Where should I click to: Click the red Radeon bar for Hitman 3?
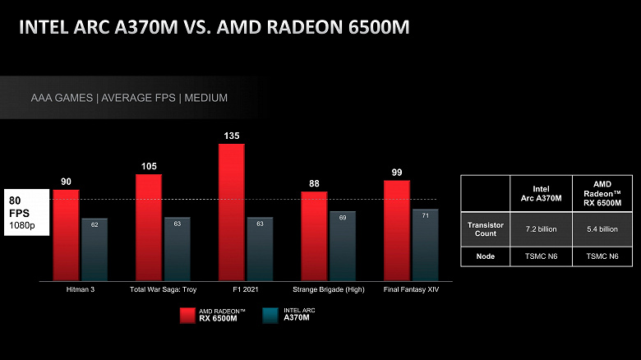66,236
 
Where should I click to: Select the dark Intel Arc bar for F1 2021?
260,249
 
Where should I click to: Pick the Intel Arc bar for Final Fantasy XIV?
425,246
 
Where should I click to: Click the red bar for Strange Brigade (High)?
314,237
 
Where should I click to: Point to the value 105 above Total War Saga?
149,167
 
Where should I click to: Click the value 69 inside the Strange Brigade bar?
342,218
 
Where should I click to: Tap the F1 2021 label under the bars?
246,290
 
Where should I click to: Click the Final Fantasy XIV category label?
411,290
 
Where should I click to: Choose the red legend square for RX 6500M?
187,316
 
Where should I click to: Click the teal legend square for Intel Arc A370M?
269,316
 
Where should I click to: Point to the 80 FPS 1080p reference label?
25,212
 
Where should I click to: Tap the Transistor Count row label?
485,229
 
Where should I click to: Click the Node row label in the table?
485,256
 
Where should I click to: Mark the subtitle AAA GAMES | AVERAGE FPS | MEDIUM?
129,98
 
